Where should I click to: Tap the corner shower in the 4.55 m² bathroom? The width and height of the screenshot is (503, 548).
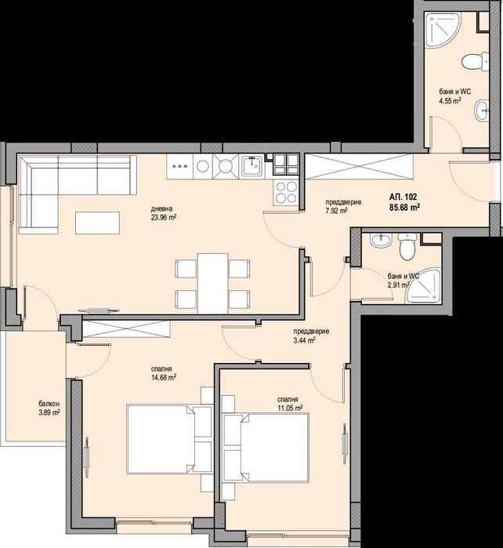point(439,33)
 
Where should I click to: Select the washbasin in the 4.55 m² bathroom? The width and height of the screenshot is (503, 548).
point(479,114)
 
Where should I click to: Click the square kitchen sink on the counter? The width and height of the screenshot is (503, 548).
point(252,165)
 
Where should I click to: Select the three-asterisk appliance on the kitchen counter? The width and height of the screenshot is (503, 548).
point(179,166)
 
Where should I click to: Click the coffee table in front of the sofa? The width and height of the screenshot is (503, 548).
point(98,223)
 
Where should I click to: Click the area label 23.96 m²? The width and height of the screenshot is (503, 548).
point(164,219)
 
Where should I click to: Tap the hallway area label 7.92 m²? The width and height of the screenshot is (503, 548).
point(336,210)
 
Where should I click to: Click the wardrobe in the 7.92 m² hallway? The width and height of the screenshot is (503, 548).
point(360,166)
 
